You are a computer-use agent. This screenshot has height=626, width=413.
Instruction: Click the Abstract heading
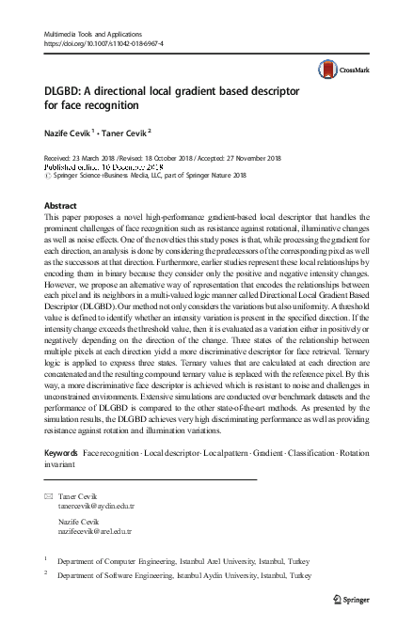tap(61, 204)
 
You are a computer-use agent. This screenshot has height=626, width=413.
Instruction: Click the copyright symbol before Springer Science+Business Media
tap(49, 175)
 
